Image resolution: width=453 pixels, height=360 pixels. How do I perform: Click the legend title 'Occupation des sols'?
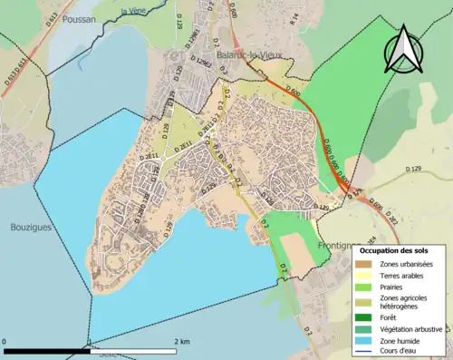click(x=400, y=249)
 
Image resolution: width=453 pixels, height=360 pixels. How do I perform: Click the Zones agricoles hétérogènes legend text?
click(x=404, y=302)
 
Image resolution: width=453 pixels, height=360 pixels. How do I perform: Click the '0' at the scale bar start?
click(x=5, y=342)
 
